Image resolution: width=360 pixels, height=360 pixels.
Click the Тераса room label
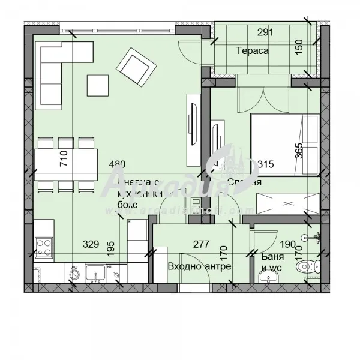[x=252, y=51]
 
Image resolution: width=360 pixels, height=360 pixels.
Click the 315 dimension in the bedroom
[x=248, y=164]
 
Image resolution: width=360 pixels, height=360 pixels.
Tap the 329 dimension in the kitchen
[x=91, y=244]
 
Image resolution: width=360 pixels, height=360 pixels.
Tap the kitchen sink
[x=95, y=274]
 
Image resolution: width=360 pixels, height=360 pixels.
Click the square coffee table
[x=98, y=84]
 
